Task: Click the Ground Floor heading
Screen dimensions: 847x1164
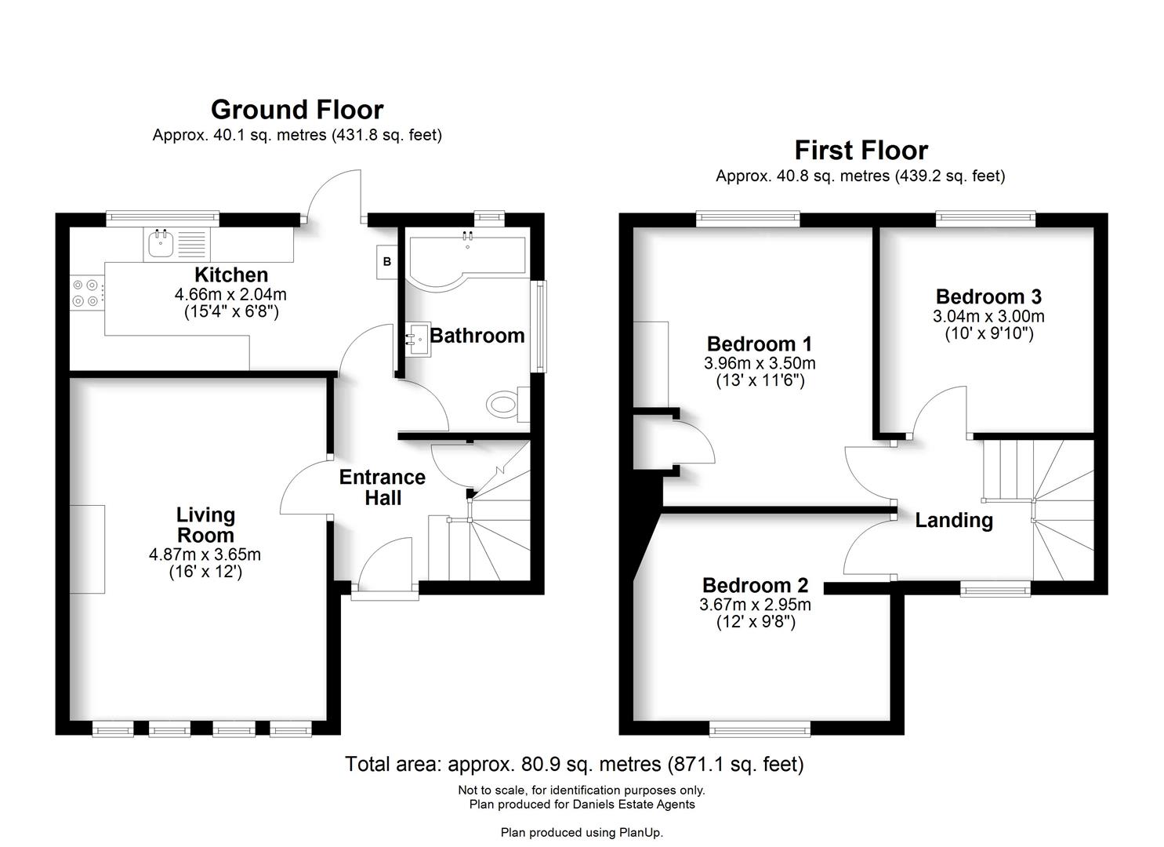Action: [297, 110]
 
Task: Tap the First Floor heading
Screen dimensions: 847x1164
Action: [861, 151]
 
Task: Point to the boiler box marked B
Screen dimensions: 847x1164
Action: [386, 262]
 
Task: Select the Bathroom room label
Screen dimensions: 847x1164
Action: [477, 336]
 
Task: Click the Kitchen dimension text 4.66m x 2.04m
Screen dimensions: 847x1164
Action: [230, 295]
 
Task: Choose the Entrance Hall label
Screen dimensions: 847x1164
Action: [383, 487]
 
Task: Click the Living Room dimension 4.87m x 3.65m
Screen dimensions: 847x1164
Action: [205, 554]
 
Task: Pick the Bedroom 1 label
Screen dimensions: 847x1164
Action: [760, 344]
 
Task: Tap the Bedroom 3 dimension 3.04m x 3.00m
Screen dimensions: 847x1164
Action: [988, 317]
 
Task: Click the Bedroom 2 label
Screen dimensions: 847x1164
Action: [755, 585]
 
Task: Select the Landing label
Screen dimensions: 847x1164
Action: [954, 520]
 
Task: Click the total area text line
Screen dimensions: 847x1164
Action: [575, 764]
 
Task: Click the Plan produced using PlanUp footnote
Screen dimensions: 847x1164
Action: [582, 832]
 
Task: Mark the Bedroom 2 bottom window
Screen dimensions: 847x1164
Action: [760, 730]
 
